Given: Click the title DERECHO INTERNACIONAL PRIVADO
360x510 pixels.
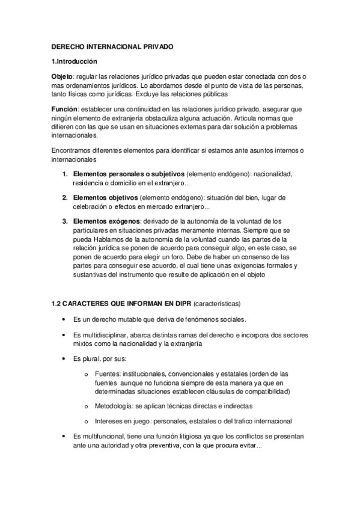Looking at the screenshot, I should click(111, 47).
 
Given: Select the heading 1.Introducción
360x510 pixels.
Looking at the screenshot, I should click(75, 62).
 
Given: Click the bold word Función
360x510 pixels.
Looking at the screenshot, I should click(64, 109).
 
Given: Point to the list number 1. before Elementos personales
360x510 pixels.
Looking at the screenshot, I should click(66, 174).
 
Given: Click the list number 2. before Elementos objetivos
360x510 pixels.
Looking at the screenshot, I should click(66, 197).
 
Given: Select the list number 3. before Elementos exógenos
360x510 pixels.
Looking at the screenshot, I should click(66, 221).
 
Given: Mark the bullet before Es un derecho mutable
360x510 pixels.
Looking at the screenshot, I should click(64, 319).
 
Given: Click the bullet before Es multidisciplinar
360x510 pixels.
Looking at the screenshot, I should click(64, 334).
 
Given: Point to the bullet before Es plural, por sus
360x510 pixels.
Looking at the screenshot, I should click(64, 358).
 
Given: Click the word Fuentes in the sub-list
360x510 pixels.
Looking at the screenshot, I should click(108, 374).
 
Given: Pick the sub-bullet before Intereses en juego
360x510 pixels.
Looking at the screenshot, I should click(88, 421).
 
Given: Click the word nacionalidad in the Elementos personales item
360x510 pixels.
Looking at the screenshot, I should click(273, 174).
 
